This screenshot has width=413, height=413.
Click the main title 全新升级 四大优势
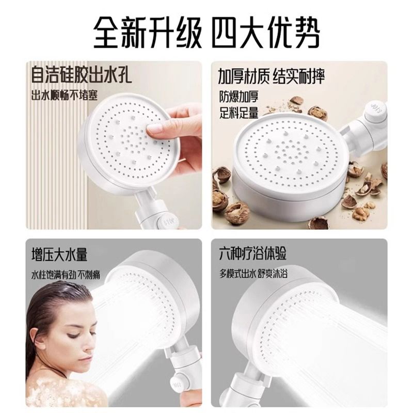(x=206, y=33)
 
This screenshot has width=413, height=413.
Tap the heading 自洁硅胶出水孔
(x=82, y=75)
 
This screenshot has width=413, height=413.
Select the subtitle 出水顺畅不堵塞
(x=65, y=95)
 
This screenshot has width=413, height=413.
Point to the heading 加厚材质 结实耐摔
(x=272, y=76)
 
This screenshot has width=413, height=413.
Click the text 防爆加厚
(x=239, y=97)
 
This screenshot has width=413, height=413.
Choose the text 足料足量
(x=239, y=113)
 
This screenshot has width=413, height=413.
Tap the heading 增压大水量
(x=59, y=255)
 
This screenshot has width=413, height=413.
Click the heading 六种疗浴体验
(x=253, y=253)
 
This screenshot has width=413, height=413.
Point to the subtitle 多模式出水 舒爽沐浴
(x=253, y=274)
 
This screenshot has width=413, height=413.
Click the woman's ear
(x=37, y=339)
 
